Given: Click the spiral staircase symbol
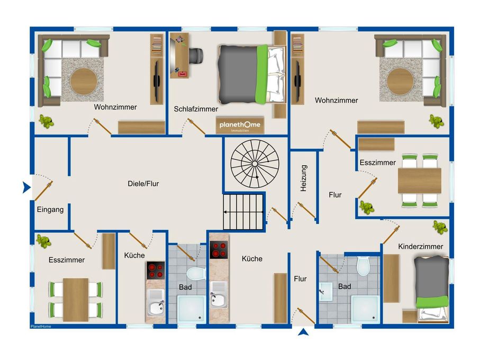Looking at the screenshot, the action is pyautogui.click(x=255, y=164).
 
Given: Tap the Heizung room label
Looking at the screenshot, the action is pyautogui.click(x=303, y=178).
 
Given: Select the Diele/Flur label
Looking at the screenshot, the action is pyautogui.click(x=143, y=184).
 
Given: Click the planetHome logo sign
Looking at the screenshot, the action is pyautogui.click(x=240, y=125).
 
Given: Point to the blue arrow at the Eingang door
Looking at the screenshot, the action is pyautogui.click(x=26, y=187).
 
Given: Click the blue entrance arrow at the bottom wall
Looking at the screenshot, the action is pyautogui.click(x=303, y=332).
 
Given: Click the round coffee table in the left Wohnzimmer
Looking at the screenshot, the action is pyautogui.click(x=84, y=82).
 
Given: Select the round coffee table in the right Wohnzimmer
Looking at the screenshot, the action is pyautogui.click(x=400, y=82).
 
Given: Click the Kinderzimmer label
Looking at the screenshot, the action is pyautogui.click(x=421, y=246).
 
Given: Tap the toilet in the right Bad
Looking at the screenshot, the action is pyautogui.click(x=364, y=266).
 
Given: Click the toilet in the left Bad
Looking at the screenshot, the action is pyautogui.click(x=196, y=273).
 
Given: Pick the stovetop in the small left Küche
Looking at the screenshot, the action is pyautogui.click(x=156, y=271).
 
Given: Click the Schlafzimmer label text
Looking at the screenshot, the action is pyautogui.click(x=196, y=109).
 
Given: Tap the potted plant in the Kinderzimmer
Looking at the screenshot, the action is pyautogui.click(x=440, y=227).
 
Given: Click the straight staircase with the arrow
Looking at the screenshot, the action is pyautogui.click(x=243, y=212).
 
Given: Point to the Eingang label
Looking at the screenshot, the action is pyautogui.click(x=50, y=210).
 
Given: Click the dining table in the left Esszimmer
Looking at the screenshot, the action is pyautogui.click(x=76, y=300).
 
